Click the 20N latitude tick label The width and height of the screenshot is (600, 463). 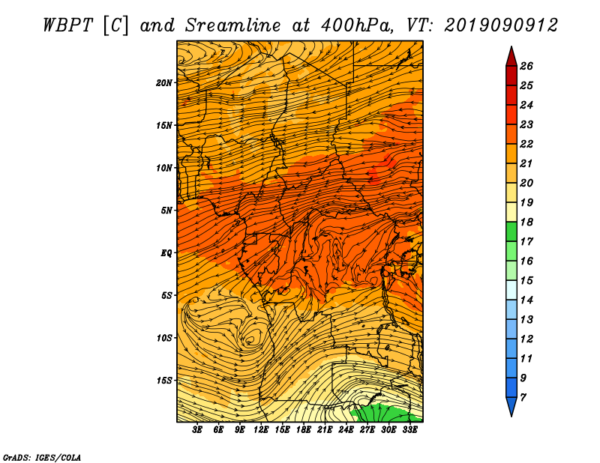coord(164,83)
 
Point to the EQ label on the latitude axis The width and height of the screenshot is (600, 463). coord(166,253)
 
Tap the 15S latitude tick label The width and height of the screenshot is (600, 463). coord(164,381)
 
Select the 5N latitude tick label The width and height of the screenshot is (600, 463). coord(166,211)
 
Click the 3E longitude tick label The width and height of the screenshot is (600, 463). coord(197,430)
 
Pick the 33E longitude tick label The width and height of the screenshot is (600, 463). coord(409,430)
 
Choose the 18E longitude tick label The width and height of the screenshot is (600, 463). coord(304,430)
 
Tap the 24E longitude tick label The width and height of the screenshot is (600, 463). coord(346,430)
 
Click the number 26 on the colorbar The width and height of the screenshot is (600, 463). coord(526,66)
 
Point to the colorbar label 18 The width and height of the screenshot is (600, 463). coord(526,222)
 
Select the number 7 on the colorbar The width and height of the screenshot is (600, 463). coord(523,398)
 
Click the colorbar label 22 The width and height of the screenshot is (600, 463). coord(526,144)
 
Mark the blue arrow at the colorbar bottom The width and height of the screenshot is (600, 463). coord(511,405)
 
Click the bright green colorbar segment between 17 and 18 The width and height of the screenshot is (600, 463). coord(511,231)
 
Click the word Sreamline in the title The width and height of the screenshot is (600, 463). coord(233,25)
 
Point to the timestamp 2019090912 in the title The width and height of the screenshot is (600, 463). coord(501,25)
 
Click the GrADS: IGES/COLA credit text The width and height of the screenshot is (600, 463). coord(42,457)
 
